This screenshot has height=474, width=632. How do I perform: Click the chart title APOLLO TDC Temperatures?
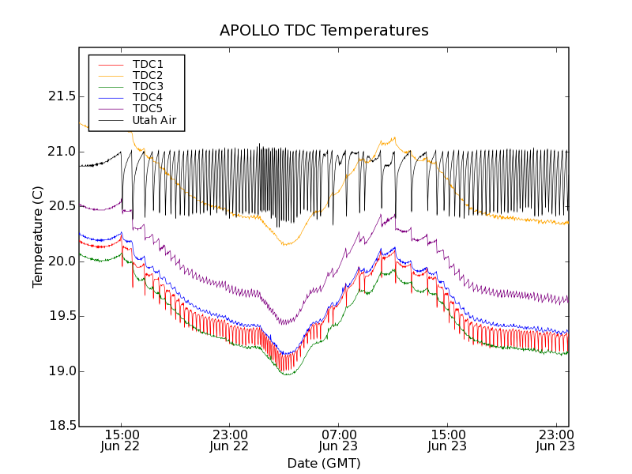tap(324, 31)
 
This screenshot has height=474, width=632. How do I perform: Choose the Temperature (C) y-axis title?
tap(38, 237)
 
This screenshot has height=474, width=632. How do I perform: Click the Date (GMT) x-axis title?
tap(324, 463)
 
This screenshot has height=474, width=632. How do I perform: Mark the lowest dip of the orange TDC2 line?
tap(285, 245)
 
